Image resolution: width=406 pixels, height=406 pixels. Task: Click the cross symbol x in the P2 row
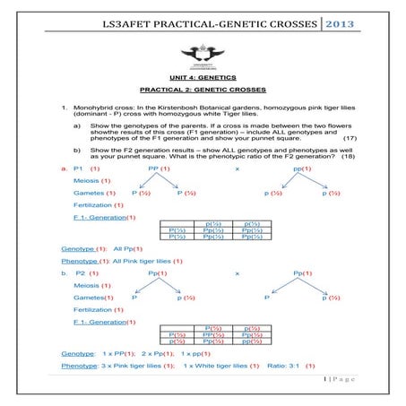(x=237, y=272)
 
